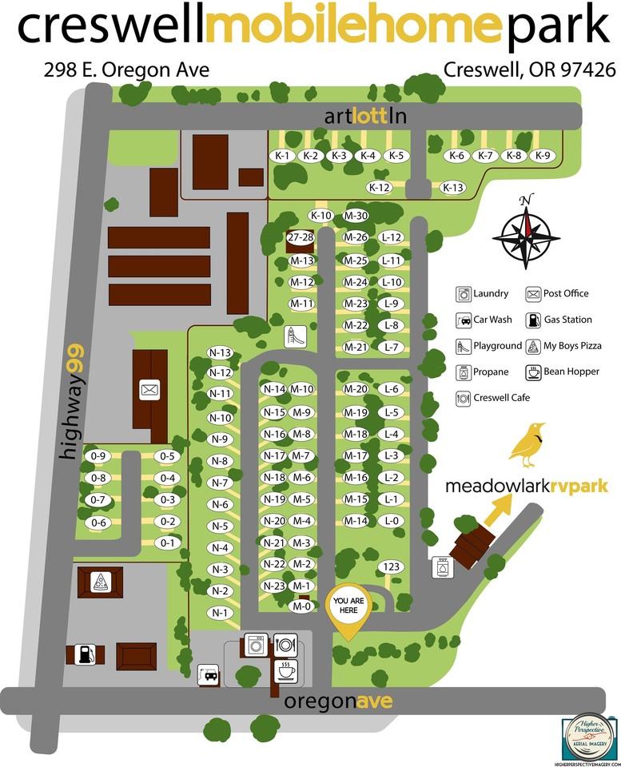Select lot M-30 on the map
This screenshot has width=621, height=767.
356,216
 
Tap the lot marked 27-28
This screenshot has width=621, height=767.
301,237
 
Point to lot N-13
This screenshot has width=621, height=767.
219,352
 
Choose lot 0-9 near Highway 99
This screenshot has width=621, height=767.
98,456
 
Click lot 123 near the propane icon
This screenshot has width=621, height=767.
392,566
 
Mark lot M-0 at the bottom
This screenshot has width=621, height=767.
301,606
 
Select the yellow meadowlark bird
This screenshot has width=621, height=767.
527,444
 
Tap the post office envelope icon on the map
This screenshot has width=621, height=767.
149,390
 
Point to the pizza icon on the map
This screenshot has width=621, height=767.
100,581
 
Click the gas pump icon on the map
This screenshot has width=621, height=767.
86,654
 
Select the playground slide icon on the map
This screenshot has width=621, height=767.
294,336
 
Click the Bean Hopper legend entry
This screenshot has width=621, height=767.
562,372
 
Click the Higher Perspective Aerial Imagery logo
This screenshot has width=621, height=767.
590,736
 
